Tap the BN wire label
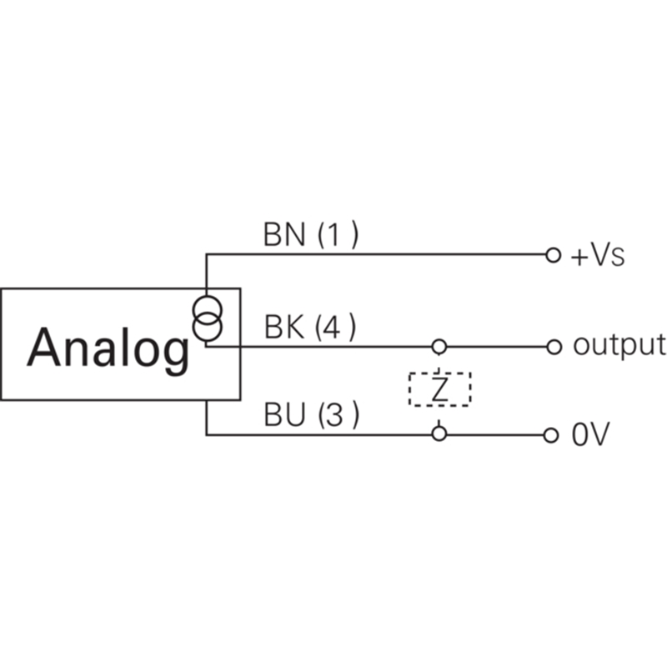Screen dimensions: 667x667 [284, 234]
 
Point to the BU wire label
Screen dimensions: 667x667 [284, 414]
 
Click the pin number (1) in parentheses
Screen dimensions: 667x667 [339, 234]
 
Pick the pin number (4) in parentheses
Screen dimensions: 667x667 [335, 327]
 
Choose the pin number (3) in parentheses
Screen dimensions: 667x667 [339, 414]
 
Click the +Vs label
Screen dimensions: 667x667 [597, 256]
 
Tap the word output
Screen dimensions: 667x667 [619, 346]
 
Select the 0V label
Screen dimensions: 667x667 [590, 434]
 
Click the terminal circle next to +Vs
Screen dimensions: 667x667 [553, 255]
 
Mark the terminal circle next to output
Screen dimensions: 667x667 [554, 347]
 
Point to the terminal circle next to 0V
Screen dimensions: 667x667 [550, 435]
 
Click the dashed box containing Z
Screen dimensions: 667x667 [409, 389]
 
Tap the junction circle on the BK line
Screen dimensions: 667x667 [439, 347]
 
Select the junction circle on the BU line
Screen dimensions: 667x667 [439, 434]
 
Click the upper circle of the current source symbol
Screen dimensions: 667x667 [207, 297]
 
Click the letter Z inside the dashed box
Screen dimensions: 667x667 [439, 389]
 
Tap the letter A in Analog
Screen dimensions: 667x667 [44, 347]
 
